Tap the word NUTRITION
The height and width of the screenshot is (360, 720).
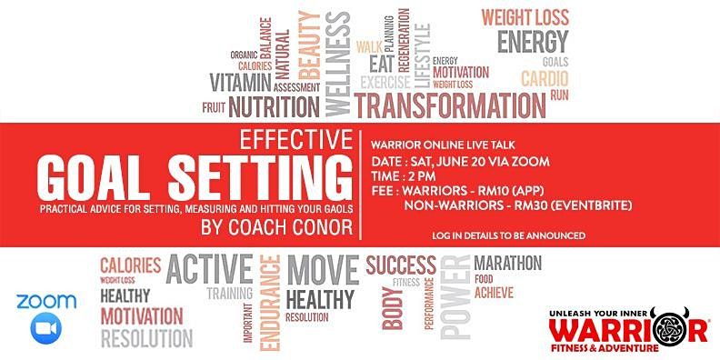pos(275,107)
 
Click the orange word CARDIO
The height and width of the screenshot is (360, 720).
pos(544,78)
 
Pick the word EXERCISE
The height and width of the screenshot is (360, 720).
pos(392,84)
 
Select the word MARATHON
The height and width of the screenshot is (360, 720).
pos(508,264)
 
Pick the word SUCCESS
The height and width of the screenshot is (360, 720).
pos(401,265)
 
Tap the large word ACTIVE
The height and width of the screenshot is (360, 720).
pos(209,269)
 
